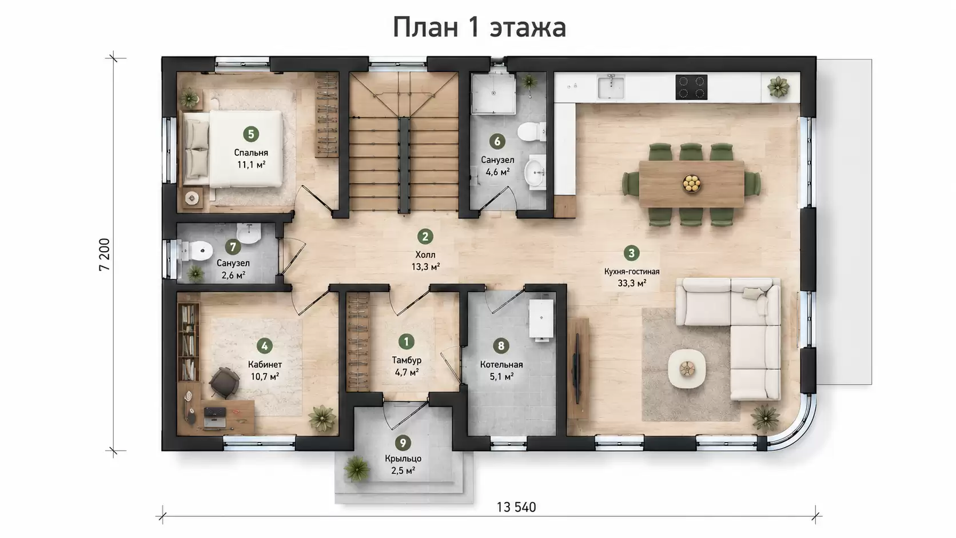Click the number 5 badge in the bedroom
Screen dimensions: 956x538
coord(251,134)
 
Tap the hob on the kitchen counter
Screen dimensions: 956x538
coord(691,87)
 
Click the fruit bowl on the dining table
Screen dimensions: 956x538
coord(691,184)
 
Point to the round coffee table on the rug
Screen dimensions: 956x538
coord(687,369)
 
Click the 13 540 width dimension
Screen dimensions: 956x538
coord(516,507)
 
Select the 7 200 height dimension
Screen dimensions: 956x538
coord(105,254)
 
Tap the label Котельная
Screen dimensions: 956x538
coord(501,364)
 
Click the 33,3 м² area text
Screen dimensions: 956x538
coord(632,283)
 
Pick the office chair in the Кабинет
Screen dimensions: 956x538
coord(225,382)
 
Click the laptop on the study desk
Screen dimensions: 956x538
coord(214,417)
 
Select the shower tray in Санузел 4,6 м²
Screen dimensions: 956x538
coord(493,93)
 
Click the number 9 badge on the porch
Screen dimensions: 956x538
coord(403,443)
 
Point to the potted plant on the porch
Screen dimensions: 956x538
coord(357,468)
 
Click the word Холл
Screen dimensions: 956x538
coord(425,255)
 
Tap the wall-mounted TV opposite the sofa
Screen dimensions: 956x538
coord(576,368)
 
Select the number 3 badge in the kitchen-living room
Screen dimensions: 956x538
coord(631,253)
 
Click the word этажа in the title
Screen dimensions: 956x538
coord(528,28)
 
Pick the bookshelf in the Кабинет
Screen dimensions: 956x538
coord(188,341)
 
